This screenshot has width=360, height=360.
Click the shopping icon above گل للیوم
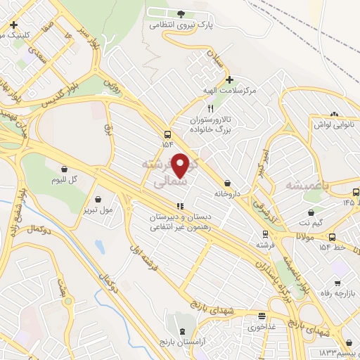pos(65,169)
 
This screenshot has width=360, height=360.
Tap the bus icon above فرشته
pos(264,234)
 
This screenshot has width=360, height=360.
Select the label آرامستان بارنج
pos(184,340)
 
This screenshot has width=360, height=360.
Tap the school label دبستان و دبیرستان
pos(179,218)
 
